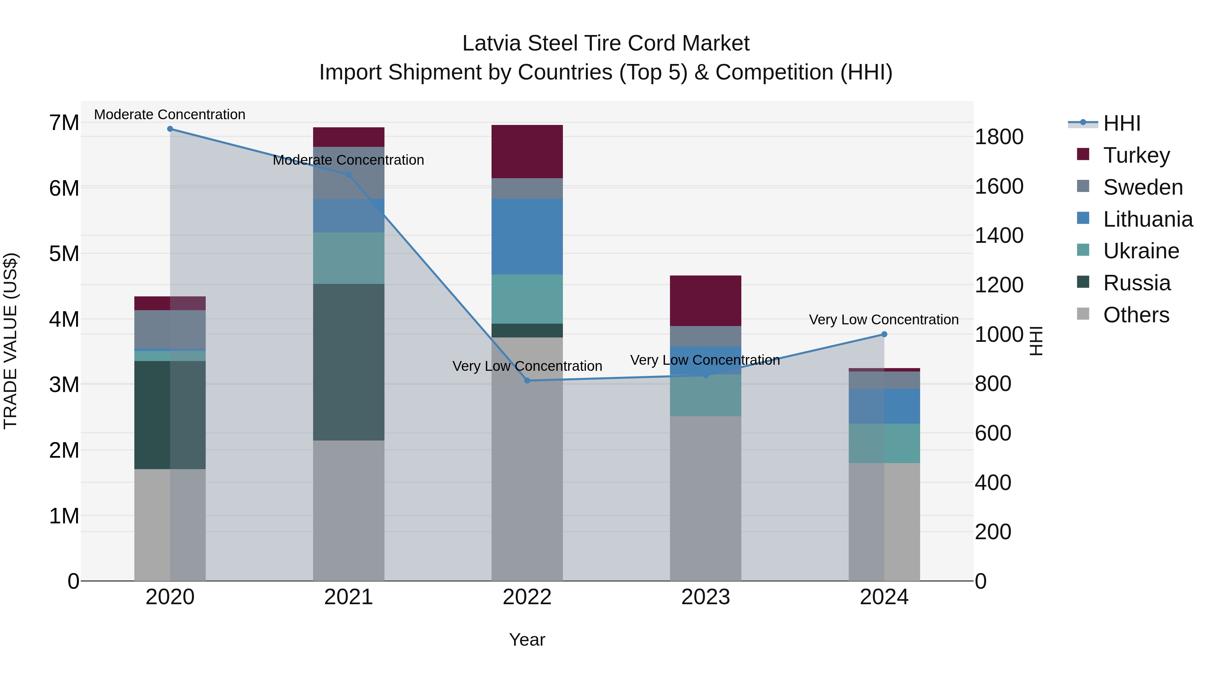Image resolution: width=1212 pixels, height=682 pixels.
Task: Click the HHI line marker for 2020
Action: tap(170, 129)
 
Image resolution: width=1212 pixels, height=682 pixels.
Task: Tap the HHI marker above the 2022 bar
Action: tap(527, 380)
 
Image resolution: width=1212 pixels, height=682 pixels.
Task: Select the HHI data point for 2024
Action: tap(884, 334)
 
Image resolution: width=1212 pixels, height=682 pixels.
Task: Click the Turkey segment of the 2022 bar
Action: tap(527, 152)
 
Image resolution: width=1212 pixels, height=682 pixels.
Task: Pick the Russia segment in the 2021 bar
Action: tap(349, 362)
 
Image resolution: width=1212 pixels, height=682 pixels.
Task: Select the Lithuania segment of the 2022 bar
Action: tap(527, 236)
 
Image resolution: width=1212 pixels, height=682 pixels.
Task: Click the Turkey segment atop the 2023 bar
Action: tap(705, 300)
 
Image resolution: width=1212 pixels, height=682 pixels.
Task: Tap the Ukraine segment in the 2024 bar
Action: tap(884, 443)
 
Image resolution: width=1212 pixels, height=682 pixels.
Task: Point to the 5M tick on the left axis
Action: tap(64, 254)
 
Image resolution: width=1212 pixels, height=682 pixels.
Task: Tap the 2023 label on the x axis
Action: tap(705, 597)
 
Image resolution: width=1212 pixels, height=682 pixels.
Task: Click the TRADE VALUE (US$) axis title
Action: tap(11, 341)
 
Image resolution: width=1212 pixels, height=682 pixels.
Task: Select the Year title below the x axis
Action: tap(527, 640)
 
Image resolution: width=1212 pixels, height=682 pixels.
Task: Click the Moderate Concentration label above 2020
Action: tap(170, 115)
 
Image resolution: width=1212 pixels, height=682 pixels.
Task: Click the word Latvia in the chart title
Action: tap(491, 43)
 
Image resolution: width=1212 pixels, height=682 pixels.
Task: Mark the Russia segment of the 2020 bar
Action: tap(170, 415)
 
